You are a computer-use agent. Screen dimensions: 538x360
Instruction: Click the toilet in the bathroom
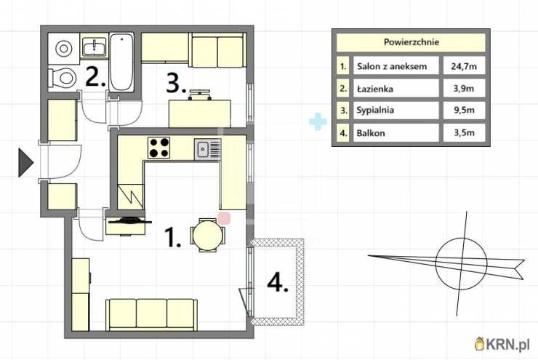[x=63, y=78]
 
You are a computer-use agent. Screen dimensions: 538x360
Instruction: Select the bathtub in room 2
[x=121, y=62]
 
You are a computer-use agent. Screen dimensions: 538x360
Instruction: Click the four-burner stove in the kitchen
[x=159, y=148]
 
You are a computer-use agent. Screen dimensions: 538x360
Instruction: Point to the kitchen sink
[x=208, y=149]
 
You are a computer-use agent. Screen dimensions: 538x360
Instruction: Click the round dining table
[x=208, y=236]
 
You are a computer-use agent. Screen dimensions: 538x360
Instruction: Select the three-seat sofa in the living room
[x=151, y=313]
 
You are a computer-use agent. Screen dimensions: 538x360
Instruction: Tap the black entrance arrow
[x=25, y=163]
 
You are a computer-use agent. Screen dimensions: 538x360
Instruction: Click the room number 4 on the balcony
[x=278, y=283]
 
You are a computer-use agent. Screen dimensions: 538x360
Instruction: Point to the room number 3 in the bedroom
[x=176, y=84]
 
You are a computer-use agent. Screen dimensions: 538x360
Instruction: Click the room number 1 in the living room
[x=172, y=237]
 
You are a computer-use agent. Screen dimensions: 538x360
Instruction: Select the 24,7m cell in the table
[x=464, y=66]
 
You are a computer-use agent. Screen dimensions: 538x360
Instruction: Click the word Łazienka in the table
[x=374, y=89]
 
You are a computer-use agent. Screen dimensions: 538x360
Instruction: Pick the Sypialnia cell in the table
[x=396, y=110]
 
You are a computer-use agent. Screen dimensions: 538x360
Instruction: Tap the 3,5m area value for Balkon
[x=464, y=132]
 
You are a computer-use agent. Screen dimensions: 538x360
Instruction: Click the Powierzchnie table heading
[x=411, y=42]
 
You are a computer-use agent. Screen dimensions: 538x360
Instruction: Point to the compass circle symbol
[x=461, y=263]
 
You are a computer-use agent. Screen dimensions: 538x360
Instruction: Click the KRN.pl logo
[x=502, y=344]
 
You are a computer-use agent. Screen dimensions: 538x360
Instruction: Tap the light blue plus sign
[x=318, y=121]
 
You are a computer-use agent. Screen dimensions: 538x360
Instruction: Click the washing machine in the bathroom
[x=63, y=49]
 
